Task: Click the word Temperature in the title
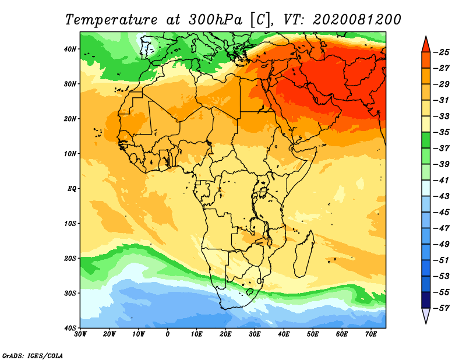[111, 20]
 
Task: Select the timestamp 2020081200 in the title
[356, 19]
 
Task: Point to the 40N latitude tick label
[70, 49]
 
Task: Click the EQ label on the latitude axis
[72, 189]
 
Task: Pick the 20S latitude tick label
[70, 258]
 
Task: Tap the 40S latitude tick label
[70, 328]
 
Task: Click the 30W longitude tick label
[80, 334]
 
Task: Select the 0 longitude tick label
[168, 334]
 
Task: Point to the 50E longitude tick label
[313, 334]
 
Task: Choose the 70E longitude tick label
[371, 334]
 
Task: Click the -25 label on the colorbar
[442, 52]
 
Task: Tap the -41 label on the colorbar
[442, 181]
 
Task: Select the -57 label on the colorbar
[442, 308]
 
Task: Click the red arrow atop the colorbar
[426, 45]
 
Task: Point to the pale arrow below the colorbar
[426, 315]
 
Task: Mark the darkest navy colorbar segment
[426, 300]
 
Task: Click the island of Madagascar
[304, 253]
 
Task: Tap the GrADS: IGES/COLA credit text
[33, 356]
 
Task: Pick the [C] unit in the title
[260, 20]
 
